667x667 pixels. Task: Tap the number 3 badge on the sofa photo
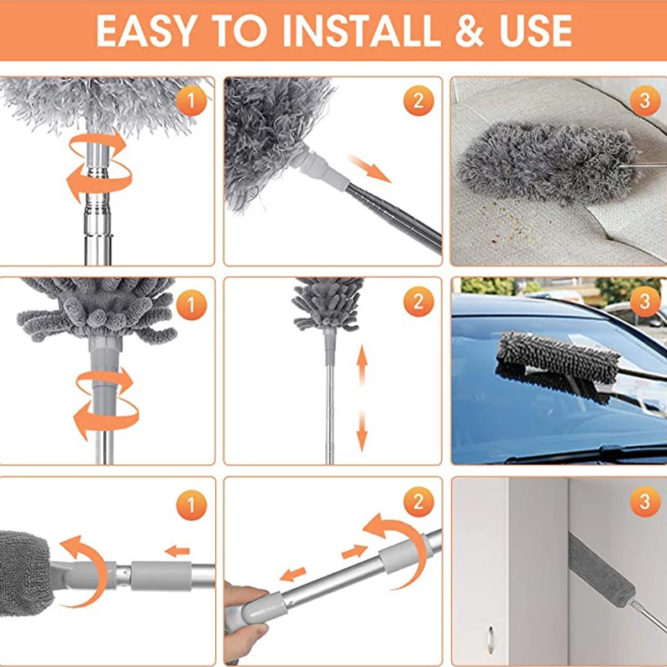[644, 102]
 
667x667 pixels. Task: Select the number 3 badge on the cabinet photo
[644, 502]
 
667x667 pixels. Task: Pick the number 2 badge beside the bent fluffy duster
[418, 102]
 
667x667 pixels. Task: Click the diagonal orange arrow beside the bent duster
[370, 167]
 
